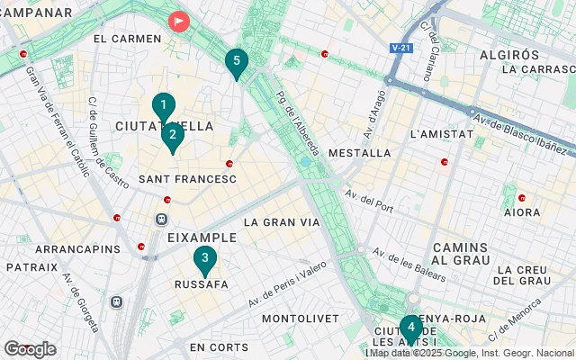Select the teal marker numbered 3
[205, 260]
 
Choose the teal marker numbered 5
[236, 62]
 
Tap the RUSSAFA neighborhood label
[201, 284]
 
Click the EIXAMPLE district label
[202, 238]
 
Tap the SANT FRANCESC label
[187, 180]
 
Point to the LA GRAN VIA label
[282, 221]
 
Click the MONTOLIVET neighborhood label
[300, 319]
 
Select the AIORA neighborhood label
[522, 212]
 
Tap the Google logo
[30, 349]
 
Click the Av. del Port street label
[369, 200]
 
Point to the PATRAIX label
[31, 267]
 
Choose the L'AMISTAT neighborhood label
[441, 134]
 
